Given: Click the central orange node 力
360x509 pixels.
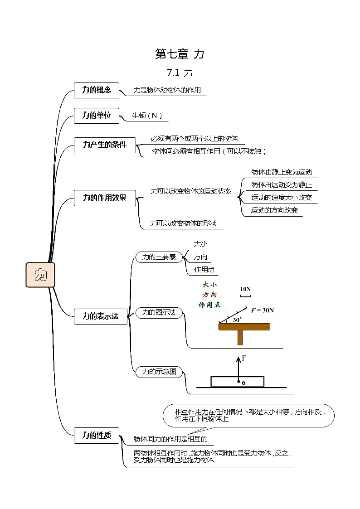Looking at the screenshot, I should coord(40,275).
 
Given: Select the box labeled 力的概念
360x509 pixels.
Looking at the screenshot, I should coord(96,90).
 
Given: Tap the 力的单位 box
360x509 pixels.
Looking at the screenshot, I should coord(96,116).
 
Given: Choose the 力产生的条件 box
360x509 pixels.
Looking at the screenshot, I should coord(105,145).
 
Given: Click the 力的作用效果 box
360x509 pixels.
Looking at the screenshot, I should coord(105,198).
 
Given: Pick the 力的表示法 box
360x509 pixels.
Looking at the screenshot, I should coord(101,316).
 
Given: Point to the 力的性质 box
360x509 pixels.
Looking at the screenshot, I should coord(96,436).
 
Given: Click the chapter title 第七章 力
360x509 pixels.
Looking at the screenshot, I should coord(180,54).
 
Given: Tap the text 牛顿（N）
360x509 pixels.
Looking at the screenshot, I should coord(147,116).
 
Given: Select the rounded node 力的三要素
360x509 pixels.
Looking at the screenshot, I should coord(159,257).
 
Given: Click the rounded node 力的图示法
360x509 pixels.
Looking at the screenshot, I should coord(159,312).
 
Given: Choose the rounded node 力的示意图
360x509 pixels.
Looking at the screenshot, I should coord(159,372).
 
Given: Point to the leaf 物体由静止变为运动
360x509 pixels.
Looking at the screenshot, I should coord(282,172).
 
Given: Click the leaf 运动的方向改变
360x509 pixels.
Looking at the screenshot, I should coord(275,210).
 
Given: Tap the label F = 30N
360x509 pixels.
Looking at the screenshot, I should coord(263,310).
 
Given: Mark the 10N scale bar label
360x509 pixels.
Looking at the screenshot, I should coord(245,289).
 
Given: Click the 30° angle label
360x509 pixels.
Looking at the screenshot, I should coord(237,320).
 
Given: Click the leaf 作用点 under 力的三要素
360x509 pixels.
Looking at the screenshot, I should coord(204,269).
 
